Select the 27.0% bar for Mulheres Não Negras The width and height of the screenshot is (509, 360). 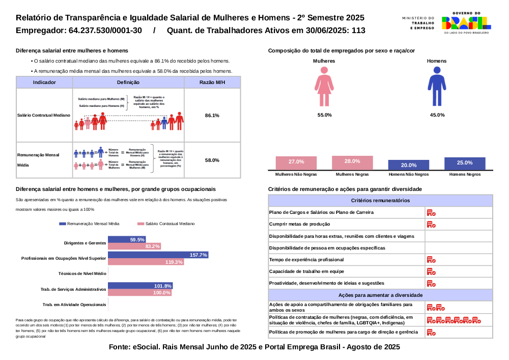pyautogui.click(x=296, y=162)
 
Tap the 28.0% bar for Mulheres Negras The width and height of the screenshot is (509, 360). pyautogui.click(x=352, y=162)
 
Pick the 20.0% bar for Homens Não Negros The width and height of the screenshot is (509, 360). pyautogui.click(x=408, y=165)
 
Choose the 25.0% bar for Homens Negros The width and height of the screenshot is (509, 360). pyautogui.click(x=465, y=163)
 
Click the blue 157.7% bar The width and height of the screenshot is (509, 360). pyautogui.click(x=158, y=255)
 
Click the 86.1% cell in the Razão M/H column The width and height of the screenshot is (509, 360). pyautogui.click(x=212, y=116)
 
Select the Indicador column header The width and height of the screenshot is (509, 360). pyautogui.click(x=44, y=82)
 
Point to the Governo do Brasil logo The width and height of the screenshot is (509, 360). pyautogui.click(x=466, y=22)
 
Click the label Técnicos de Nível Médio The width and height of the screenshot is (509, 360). pyautogui.click(x=82, y=273)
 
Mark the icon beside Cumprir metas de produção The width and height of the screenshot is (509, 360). pyautogui.click(x=431, y=225)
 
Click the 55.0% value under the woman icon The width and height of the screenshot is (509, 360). pyautogui.click(x=324, y=115)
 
